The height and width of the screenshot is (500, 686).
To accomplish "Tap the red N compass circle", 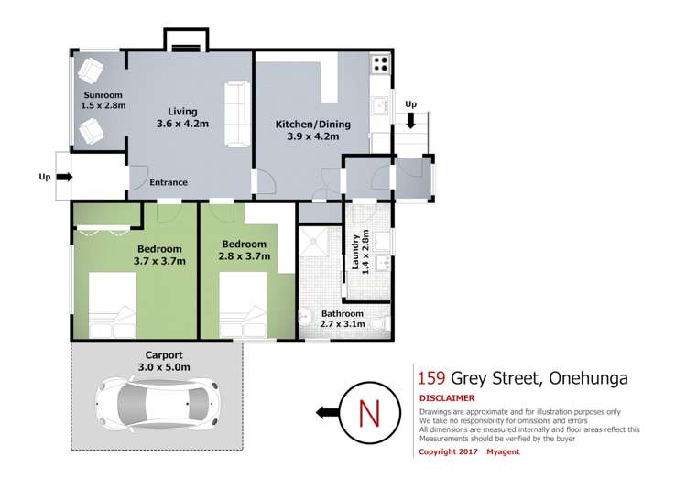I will (x=370, y=413).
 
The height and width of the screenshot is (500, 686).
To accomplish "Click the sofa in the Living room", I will (x=238, y=114).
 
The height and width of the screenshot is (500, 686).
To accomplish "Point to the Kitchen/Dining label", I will (x=308, y=129).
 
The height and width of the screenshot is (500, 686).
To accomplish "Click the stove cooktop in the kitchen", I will (x=380, y=66).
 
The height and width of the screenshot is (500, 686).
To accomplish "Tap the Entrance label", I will (x=169, y=182).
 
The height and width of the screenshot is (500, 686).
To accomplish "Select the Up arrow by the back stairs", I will (x=411, y=118).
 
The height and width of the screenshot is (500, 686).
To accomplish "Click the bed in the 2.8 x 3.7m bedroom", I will (x=243, y=305).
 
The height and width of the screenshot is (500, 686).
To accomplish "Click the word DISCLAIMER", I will (x=446, y=398).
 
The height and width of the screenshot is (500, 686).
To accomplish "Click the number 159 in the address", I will (x=431, y=377).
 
